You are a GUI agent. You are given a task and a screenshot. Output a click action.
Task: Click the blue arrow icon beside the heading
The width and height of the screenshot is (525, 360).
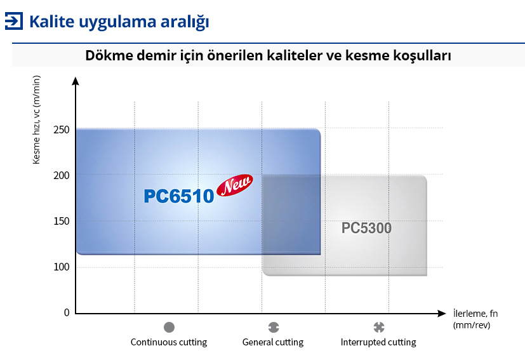14,21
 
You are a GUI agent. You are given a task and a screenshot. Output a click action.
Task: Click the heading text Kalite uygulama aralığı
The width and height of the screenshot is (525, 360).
119,22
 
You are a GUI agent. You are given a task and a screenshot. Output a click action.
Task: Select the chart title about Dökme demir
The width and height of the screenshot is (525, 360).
268,55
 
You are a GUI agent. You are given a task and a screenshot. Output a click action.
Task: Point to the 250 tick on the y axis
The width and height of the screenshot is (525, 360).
62,130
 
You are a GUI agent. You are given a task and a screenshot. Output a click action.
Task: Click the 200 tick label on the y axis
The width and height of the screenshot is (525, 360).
62,175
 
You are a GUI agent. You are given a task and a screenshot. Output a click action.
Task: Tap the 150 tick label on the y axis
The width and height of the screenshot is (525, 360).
62,222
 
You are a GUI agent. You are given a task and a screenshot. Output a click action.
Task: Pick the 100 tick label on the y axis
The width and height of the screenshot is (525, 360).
62,267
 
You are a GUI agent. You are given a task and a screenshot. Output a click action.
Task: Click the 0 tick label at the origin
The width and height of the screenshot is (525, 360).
67,312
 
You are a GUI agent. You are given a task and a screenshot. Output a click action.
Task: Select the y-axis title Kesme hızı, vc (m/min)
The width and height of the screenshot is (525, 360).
36,120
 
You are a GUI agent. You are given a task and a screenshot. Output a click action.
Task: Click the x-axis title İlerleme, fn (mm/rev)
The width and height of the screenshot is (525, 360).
475,319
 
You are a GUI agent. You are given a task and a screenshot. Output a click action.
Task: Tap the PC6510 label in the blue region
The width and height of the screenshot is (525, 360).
179,196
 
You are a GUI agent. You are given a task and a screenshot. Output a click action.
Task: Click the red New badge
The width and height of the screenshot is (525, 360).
235,185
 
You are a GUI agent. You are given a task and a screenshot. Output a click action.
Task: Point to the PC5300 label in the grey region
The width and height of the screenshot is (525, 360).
366,228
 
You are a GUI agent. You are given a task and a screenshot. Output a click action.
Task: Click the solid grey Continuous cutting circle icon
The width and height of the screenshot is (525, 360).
169,327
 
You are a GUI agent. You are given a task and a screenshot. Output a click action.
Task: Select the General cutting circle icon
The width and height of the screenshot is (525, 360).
274,327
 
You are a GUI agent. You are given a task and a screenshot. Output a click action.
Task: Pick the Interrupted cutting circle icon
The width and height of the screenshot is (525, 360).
379,327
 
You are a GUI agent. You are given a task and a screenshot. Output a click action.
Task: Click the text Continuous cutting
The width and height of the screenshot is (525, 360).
169,342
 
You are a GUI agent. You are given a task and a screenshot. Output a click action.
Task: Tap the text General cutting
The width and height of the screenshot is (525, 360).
273,342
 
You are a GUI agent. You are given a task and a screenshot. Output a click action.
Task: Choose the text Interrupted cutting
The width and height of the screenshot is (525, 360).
378,342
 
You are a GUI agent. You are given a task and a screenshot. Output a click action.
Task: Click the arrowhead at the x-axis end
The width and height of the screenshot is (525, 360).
442,314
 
